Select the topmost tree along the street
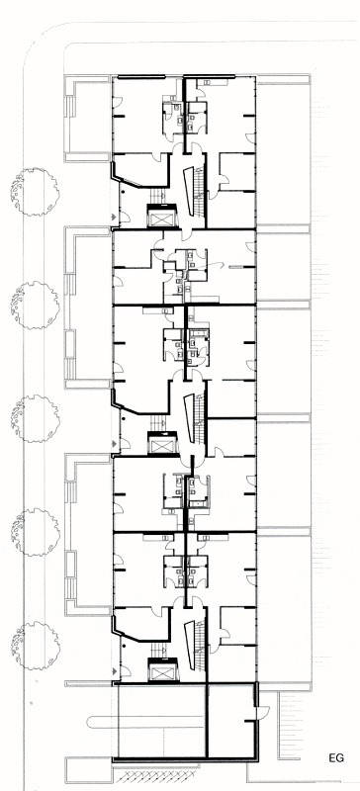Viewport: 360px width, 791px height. coord(35,192)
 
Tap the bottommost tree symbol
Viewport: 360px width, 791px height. coord(36,646)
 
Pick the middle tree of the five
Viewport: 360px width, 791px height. coord(36,418)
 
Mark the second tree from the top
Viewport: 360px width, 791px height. coord(36,306)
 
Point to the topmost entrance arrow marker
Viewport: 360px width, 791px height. coord(116,217)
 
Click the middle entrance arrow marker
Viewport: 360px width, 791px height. coord(116,443)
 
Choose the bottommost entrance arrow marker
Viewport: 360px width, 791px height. coord(116,670)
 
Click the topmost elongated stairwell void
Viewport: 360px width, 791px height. coord(188,190)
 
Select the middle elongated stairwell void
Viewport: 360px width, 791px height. coord(188,417)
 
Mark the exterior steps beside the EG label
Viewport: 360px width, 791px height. coord(292,726)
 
